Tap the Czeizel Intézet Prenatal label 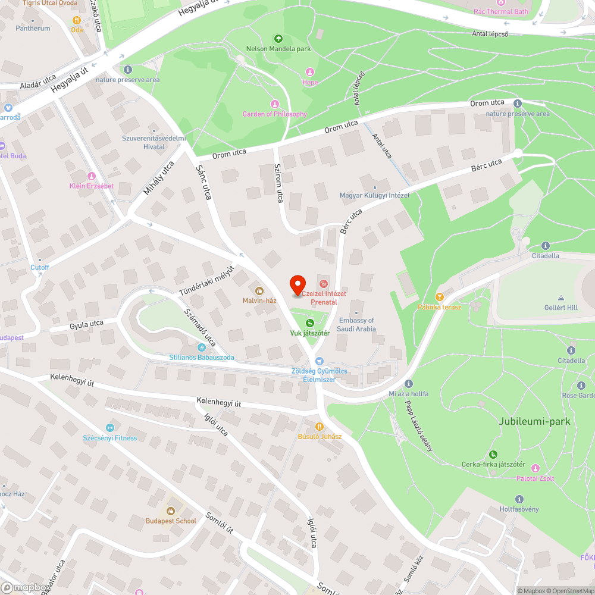(324, 297)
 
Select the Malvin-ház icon (259, 290)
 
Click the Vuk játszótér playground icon (309, 322)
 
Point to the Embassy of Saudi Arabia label (356, 324)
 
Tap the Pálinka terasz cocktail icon (439, 296)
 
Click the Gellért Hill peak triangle (560, 297)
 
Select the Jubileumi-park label (535, 421)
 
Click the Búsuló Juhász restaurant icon (320, 426)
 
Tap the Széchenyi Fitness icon (109, 427)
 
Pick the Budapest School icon (171, 511)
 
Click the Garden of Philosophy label (274, 114)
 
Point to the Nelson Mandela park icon (278, 39)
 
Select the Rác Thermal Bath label (500, 11)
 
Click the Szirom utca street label (278, 183)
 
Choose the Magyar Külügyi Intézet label (374, 195)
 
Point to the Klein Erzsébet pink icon (91, 176)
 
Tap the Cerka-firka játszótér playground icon (477, 455)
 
